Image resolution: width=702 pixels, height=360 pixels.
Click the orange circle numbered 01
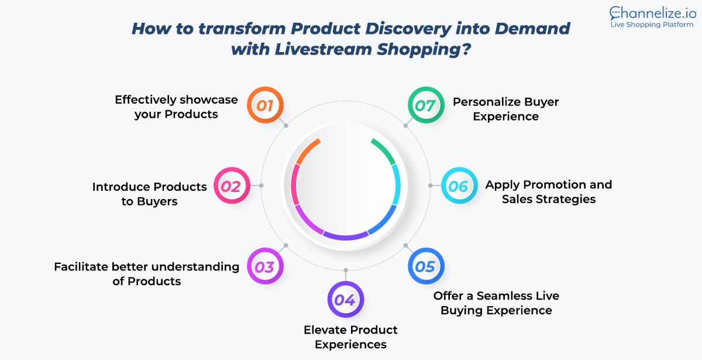point(265,105)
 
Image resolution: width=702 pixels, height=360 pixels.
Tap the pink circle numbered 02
point(232,186)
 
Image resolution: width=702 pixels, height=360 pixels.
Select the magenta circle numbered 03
point(265,266)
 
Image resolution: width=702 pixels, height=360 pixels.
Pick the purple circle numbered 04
point(346,299)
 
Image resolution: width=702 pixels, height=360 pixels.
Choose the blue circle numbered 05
point(426,266)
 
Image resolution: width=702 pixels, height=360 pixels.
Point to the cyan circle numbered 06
point(459,186)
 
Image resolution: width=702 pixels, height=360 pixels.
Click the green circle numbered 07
point(426,105)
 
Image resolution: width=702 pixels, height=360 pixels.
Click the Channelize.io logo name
point(653,13)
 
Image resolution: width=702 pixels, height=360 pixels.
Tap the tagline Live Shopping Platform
point(652,25)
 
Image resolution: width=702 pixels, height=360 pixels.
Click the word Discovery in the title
point(408,29)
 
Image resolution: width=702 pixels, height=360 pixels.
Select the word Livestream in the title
point(324,49)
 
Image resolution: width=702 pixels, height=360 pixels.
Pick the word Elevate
point(324,330)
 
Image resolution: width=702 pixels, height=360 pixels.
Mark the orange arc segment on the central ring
point(307,151)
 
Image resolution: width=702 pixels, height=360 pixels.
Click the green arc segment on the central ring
point(384,151)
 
